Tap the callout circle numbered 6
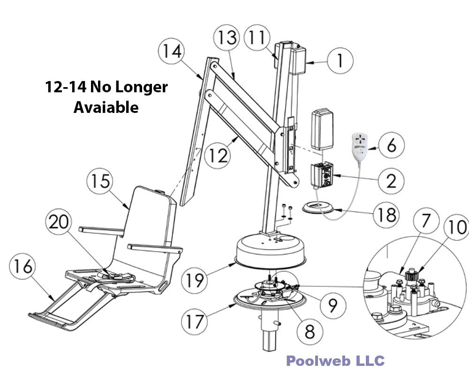390,145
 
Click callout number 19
194,280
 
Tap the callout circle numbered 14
172,52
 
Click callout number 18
386,215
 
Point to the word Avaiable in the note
106,107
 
